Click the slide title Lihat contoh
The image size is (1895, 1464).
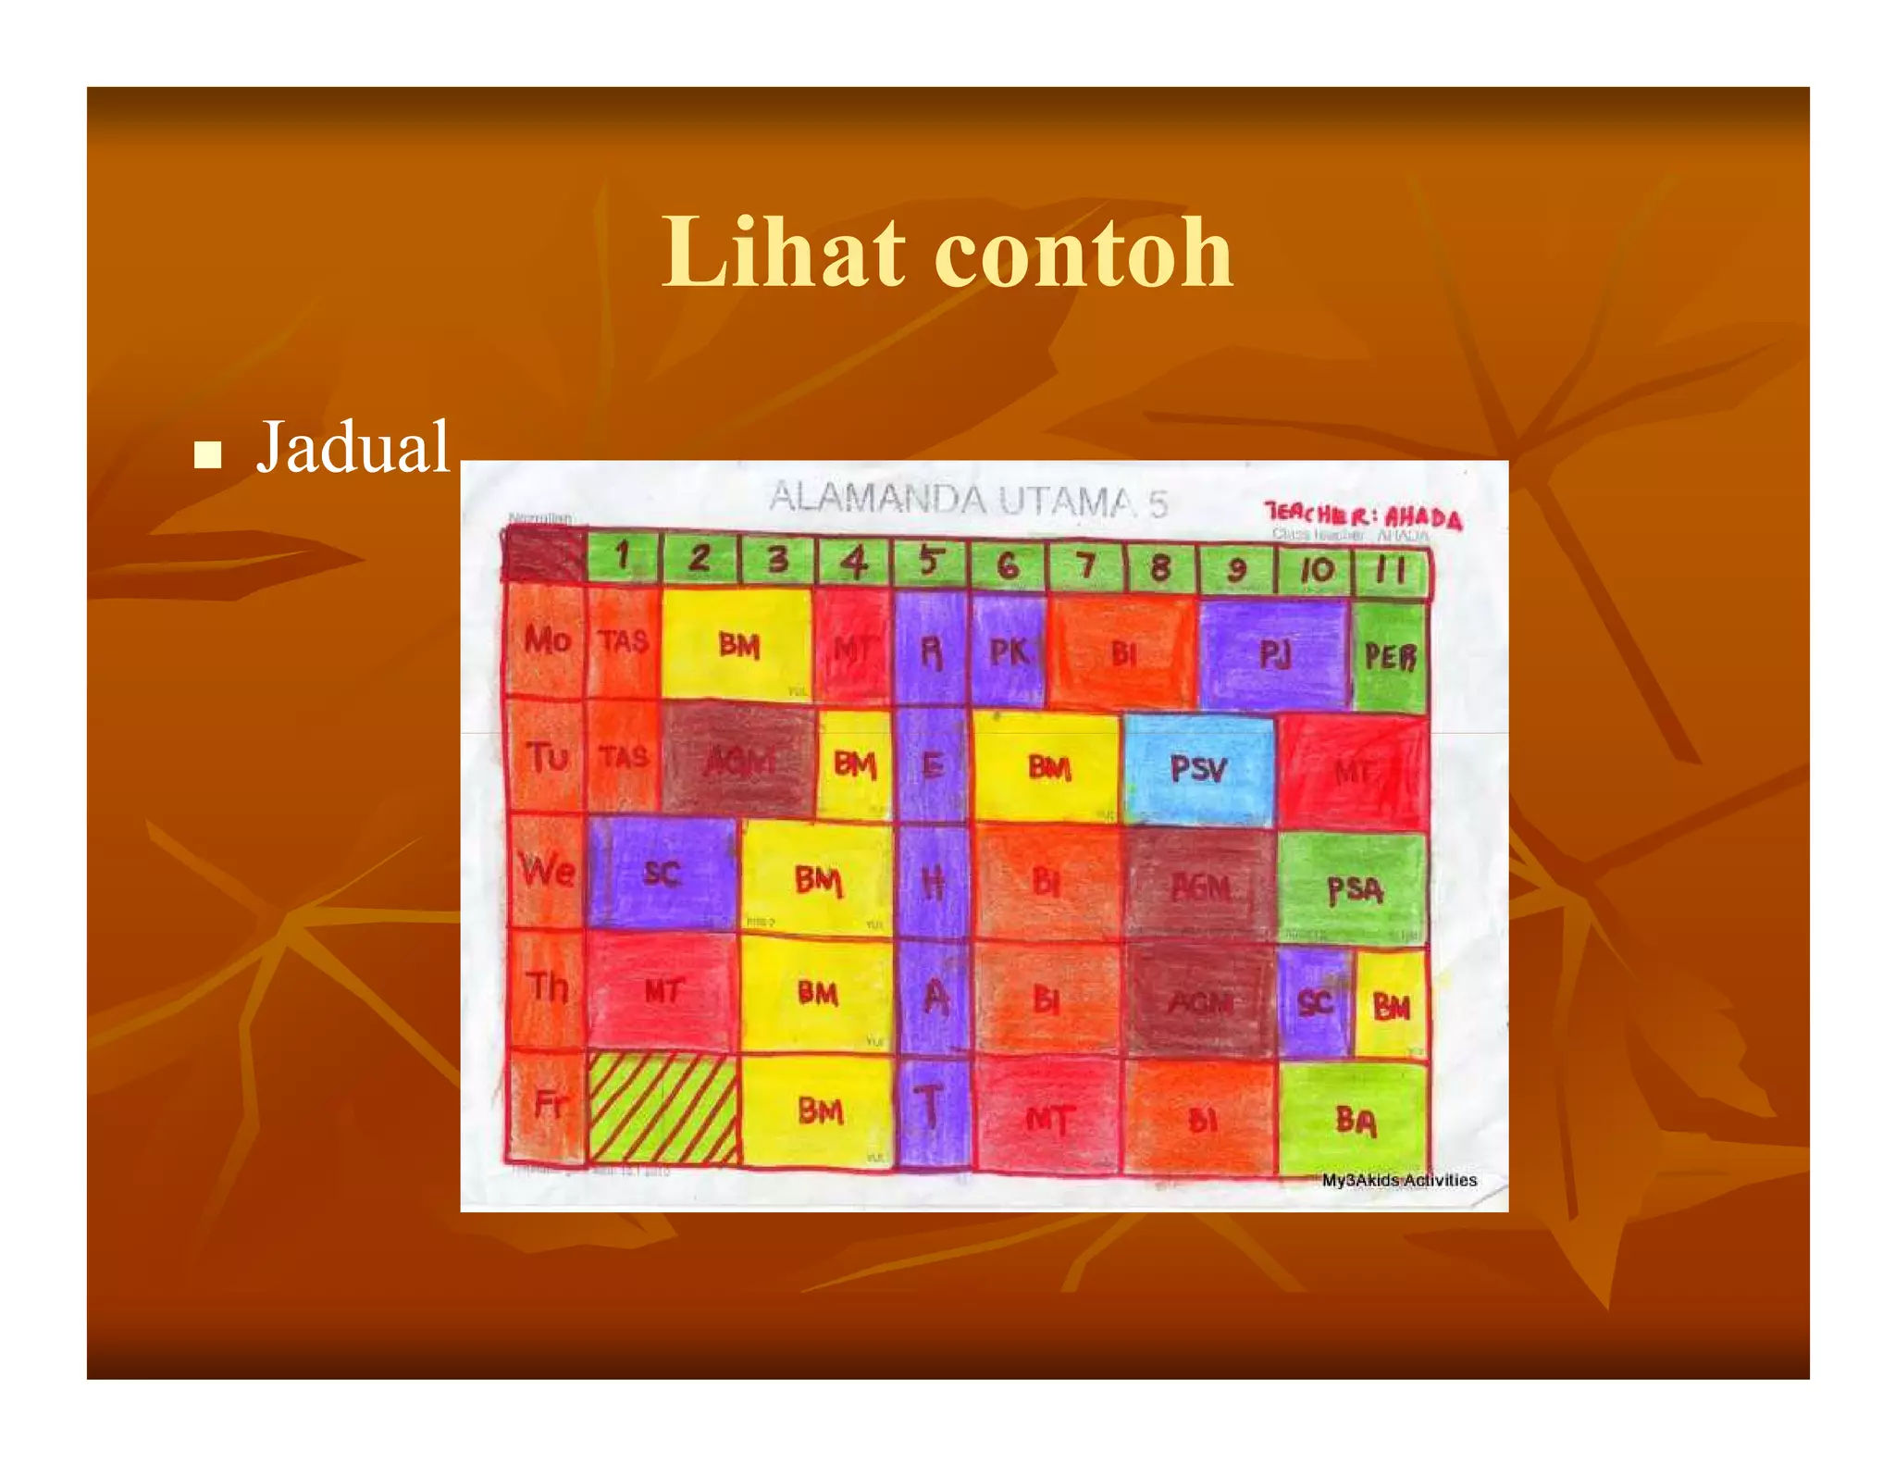947,252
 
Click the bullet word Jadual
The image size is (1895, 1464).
353,447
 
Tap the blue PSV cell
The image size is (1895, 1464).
1199,768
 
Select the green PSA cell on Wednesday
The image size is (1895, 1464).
1354,888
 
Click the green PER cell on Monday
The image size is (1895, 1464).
1390,656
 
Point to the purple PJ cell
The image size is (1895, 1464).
1274,654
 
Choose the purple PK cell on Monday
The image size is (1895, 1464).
1009,651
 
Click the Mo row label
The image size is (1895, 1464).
546,639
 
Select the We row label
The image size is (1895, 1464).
546,871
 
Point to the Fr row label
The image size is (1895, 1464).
548,1103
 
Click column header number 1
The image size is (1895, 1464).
623,557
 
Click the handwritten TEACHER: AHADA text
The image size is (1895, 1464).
1363,516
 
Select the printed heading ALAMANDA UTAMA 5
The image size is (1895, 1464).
967,501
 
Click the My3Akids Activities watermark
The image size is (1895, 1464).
1398,1180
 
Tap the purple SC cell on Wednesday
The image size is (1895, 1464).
663,873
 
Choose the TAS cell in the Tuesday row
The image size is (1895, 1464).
624,757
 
